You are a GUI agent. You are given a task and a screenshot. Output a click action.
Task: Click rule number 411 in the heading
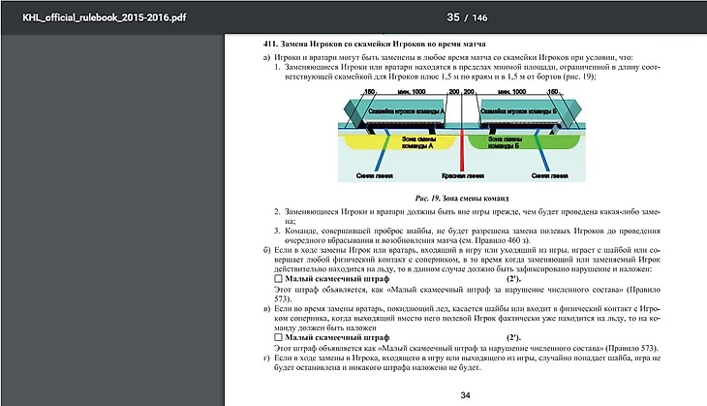point(272,46)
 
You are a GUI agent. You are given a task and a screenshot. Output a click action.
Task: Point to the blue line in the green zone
point(544,155)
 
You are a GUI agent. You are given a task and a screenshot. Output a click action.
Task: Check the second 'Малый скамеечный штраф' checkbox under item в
point(278,336)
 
